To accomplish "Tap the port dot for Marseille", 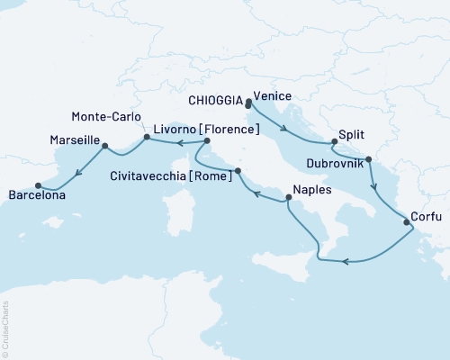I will point(105,145).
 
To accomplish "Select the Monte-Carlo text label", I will point(106,115).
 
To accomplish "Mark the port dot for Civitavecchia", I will point(238,170).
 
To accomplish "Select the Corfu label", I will point(425,216).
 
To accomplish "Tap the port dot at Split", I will point(333,143).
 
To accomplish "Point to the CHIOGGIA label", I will point(215,101).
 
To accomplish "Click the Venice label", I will point(271,94).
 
